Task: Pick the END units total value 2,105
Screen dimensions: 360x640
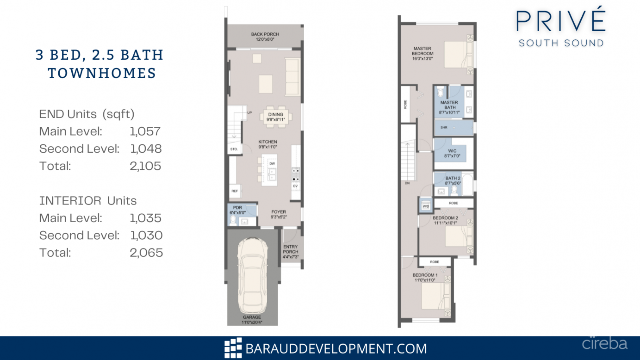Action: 145,166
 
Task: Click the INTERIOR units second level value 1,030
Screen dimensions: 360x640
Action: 146,236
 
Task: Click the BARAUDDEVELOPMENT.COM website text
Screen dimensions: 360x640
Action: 336,348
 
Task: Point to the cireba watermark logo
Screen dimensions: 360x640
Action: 604,344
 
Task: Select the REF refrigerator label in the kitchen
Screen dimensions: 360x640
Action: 235,190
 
